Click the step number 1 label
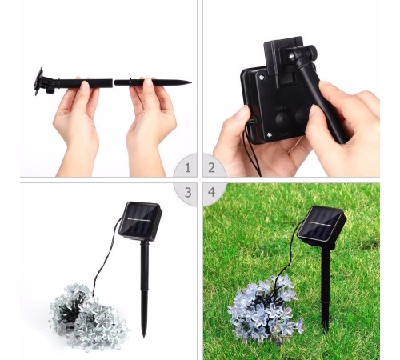(x=188, y=168)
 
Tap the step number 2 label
(x=212, y=168)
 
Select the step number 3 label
(x=188, y=192)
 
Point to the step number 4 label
(x=212, y=192)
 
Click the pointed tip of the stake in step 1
(x=190, y=82)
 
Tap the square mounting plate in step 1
(x=38, y=81)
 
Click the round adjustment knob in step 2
(x=311, y=52)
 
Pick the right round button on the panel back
(x=302, y=115)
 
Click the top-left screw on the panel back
(x=262, y=78)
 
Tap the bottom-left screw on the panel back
(x=270, y=135)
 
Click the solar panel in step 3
(x=140, y=221)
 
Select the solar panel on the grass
(x=322, y=226)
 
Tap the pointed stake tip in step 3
(x=144, y=337)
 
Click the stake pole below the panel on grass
(x=326, y=288)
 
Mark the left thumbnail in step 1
(x=85, y=86)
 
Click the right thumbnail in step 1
(x=149, y=82)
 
